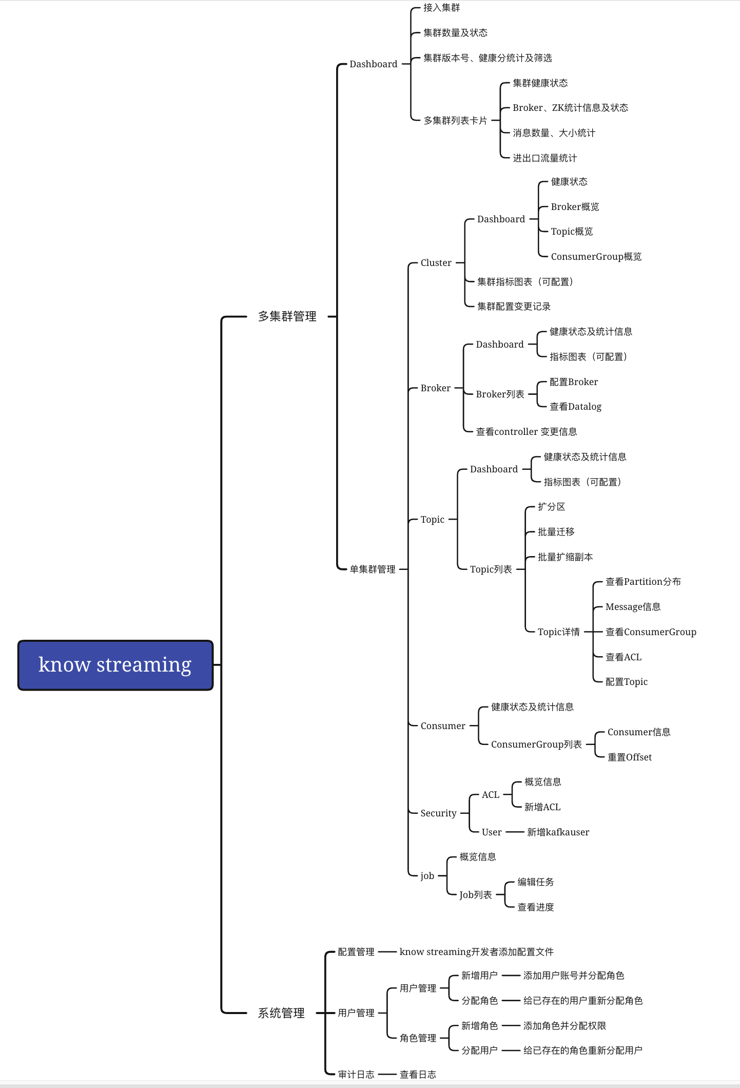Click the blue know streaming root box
coord(115,665)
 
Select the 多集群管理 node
coord(287,316)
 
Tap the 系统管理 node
coord(281,1013)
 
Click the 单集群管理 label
coord(373,569)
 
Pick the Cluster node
coord(436,263)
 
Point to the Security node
coord(438,813)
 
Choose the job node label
coord(427,876)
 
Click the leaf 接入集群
coord(441,8)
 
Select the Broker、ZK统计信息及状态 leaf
coord(570,108)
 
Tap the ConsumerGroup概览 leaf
coord(596,257)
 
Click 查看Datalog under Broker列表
coord(575,407)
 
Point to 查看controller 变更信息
coord(526,432)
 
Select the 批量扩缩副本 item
coord(565,557)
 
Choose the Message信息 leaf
coord(633,607)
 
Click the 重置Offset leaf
coord(630,757)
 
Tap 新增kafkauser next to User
coord(558,832)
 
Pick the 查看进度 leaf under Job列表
coord(536,907)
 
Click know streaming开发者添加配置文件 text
coord(476,952)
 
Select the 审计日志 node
coord(356,1074)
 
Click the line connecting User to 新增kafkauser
coord(514,832)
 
